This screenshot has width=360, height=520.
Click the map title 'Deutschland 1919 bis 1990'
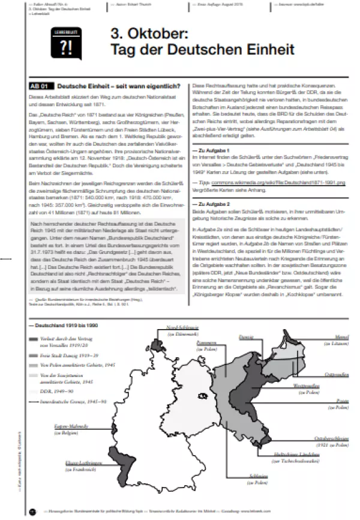pyautogui.click(x=62, y=325)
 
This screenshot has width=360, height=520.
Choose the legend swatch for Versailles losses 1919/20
pyautogui.click(x=33, y=340)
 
